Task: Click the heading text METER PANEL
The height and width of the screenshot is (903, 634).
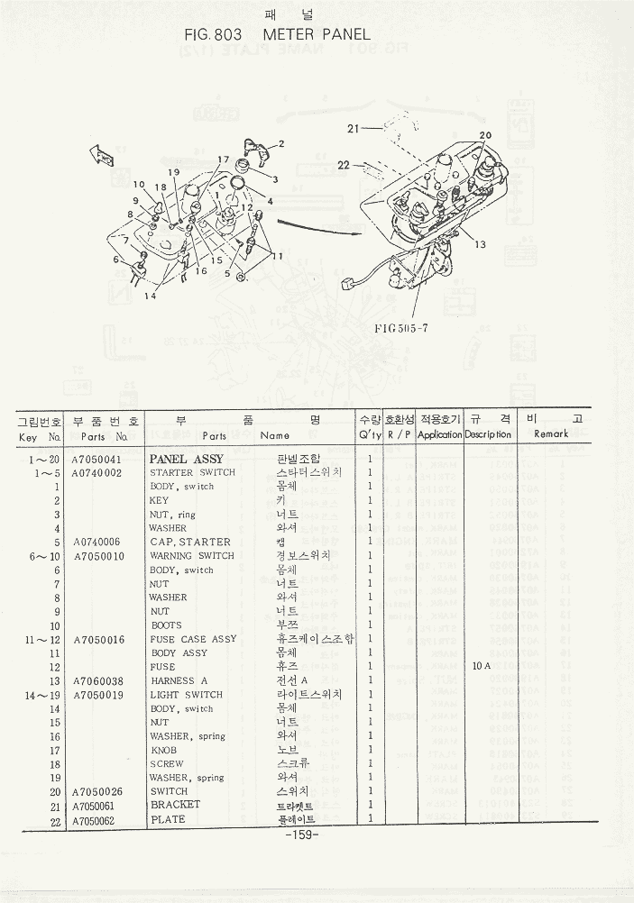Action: (x=316, y=34)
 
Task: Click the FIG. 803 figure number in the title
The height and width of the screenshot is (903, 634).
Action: (x=209, y=34)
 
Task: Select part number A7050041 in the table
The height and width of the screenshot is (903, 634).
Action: (x=97, y=459)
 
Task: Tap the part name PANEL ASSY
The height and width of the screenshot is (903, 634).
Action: (x=186, y=459)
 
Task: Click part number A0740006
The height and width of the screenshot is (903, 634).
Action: (x=97, y=542)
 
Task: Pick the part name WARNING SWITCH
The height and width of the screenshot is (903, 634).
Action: (x=191, y=556)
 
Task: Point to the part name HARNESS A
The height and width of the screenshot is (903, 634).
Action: (x=179, y=680)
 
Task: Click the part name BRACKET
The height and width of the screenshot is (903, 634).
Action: (x=175, y=805)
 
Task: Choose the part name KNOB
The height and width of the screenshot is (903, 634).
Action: (x=163, y=750)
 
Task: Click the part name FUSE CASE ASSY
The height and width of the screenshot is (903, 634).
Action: (x=194, y=639)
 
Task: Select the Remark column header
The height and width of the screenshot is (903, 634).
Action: (x=550, y=434)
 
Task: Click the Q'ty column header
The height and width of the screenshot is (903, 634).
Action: (x=370, y=434)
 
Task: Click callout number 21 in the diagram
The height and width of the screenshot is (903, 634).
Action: (x=354, y=129)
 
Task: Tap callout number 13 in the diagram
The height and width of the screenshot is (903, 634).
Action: (x=480, y=244)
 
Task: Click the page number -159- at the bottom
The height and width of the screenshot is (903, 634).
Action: (x=301, y=835)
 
